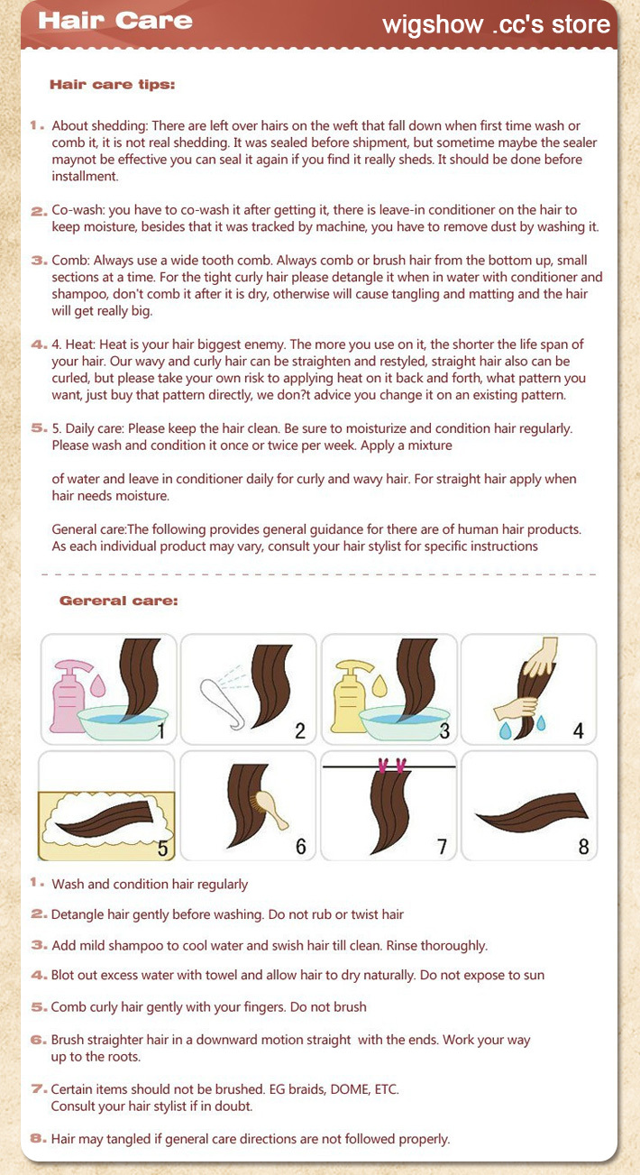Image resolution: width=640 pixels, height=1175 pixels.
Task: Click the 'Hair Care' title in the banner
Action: tap(115, 21)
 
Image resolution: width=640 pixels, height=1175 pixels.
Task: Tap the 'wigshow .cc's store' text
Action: tap(497, 24)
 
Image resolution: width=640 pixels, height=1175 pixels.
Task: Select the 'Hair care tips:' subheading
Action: tap(112, 85)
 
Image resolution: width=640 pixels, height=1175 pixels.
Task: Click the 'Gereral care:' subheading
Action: tap(118, 601)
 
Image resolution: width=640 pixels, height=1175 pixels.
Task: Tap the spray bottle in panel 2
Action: tap(223, 702)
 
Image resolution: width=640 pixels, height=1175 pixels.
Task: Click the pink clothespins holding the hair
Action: tap(391, 766)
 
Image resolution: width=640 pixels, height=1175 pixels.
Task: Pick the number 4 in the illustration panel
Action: tap(578, 730)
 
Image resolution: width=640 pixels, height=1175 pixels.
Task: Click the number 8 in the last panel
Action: tap(583, 847)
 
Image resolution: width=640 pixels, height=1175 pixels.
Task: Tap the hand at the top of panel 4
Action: tap(542, 656)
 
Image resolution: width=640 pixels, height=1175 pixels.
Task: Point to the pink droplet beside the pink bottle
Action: tap(97, 685)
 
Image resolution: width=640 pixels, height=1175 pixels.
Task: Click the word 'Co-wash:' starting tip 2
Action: tap(78, 210)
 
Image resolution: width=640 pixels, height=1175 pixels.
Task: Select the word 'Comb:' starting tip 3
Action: tap(71, 261)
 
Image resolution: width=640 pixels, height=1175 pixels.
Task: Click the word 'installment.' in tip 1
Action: tap(85, 176)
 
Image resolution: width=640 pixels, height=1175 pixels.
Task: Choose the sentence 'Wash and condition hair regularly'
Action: tap(150, 884)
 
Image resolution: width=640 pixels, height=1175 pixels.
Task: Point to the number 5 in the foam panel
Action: tap(163, 849)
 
